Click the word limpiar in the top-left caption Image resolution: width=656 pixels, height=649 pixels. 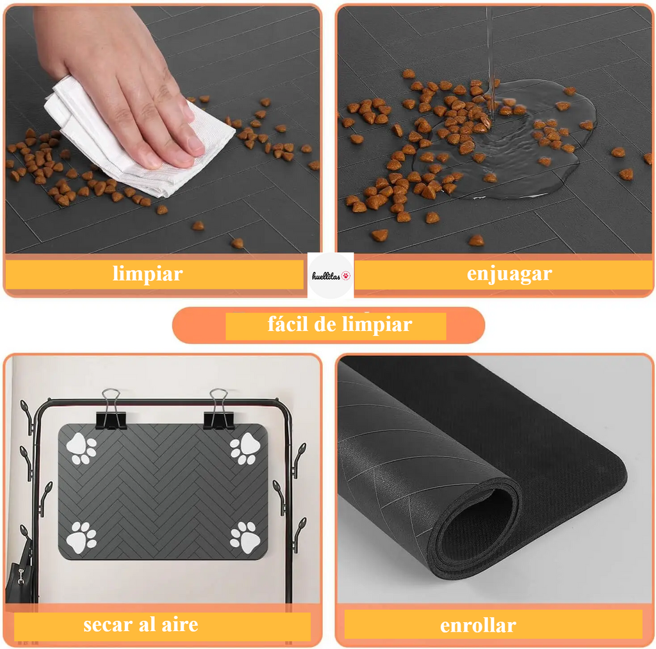point(148,274)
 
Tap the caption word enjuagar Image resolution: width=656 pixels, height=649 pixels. point(509,274)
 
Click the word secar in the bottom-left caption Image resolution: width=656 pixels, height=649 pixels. point(108,625)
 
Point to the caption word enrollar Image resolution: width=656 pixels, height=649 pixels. point(478,625)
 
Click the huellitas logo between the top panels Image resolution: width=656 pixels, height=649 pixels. point(331,276)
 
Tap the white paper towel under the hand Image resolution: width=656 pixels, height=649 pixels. point(138,138)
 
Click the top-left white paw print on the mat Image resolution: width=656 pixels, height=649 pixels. point(81,448)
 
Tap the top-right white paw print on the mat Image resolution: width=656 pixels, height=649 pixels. point(245,448)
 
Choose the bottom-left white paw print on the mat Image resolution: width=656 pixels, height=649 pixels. point(81,537)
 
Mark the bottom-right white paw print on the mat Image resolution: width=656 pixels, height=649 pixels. point(245,537)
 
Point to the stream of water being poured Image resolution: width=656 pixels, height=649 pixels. point(490,63)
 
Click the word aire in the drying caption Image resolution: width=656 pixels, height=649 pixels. point(180,625)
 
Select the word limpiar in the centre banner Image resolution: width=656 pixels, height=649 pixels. point(377,324)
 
